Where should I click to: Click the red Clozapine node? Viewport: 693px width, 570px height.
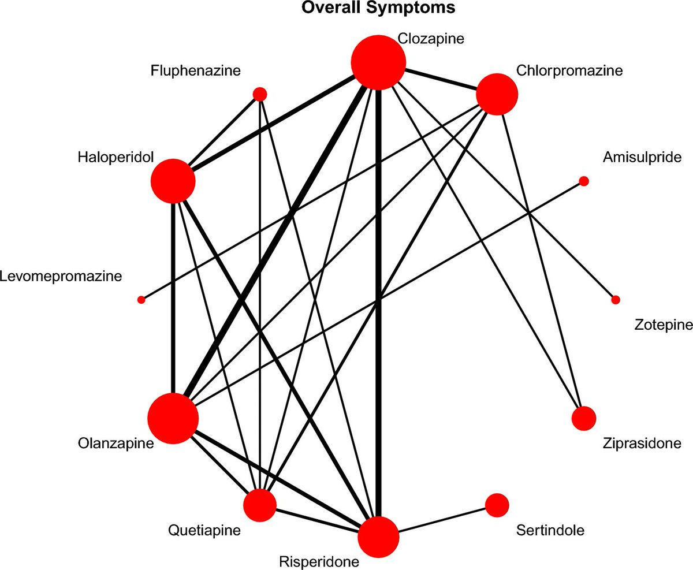pyautogui.click(x=378, y=62)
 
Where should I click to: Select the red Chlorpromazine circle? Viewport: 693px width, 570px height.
pyautogui.click(x=497, y=94)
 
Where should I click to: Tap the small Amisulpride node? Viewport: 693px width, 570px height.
pyautogui.click(x=583, y=181)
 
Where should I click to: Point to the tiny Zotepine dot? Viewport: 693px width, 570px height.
pyautogui.click(x=616, y=299)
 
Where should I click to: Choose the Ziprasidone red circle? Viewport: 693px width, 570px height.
pyautogui.click(x=583, y=418)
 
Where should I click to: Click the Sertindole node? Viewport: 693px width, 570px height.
pyautogui.click(x=497, y=505)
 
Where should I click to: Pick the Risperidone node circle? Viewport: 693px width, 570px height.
pyautogui.click(x=378, y=537)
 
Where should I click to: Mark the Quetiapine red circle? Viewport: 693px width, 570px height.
pyautogui.click(x=260, y=505)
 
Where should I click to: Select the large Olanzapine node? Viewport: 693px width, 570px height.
pyautogui.click(x=173, y=418)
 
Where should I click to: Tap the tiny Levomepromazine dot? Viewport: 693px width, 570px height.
pyautogui.click(x=141, y=299)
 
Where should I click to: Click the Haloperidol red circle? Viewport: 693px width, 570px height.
pyautogui.click(x=173, y=181)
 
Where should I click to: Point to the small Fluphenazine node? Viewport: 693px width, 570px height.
pyautogui.click(x=260, y=94)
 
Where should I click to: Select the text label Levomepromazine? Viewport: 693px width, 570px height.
pyautogui.click(x=61, y=276)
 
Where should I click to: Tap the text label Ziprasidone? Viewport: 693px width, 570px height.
pyautogui.click(x=642, y=444)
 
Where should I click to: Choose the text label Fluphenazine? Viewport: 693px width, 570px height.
pyautogui.click(x=196, y=71)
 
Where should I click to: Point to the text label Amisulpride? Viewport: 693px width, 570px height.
pyautogui.click(x=642, y=157)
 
